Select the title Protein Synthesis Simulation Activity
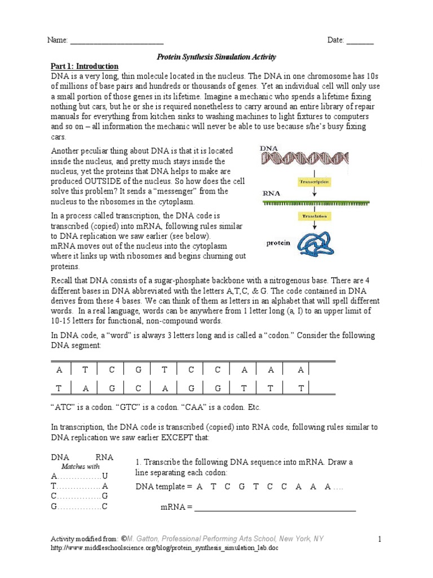[x=216, y=57]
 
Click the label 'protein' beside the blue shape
[x=279, y=243]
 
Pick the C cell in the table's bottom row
[x=139, y=388]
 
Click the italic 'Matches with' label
[x=80, y=466]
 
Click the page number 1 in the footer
[x=380, y=540]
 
